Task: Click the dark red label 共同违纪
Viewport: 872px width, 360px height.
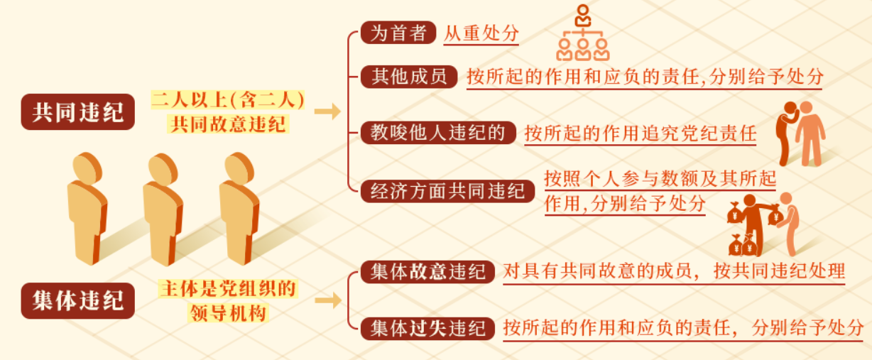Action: click(x=78, y=111)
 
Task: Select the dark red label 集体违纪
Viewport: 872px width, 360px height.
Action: click(x=78, y=301)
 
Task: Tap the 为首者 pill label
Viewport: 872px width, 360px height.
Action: click(x=398, y=33)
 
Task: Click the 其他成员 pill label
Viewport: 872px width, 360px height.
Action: click(x=409, y=77)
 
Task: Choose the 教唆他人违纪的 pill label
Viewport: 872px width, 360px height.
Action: click(x=438, y=133)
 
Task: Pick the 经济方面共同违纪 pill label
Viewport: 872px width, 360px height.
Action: click(x=447, y=191)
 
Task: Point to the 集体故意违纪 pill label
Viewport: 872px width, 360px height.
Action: click(x=427, y=272)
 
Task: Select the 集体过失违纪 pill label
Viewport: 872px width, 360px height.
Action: click(x=427, y=329)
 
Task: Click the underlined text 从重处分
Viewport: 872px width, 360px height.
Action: click(x=481, y=33)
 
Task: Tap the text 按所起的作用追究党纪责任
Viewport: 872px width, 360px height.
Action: click(x=641, y=133)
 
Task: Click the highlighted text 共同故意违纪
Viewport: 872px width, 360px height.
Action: click(x=228, y=124)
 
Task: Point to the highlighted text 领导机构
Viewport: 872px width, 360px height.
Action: click(x=228, y=313)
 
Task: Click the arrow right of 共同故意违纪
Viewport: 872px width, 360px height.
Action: click(x=327, y=111)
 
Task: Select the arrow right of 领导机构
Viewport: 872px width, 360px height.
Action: click(x=328, y=300)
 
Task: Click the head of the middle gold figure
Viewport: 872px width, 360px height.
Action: click(x=163, y=169)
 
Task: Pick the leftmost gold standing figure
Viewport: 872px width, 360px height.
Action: click(x=87, y=208)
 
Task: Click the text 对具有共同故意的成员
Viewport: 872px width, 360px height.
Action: click(x=596, y=271)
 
